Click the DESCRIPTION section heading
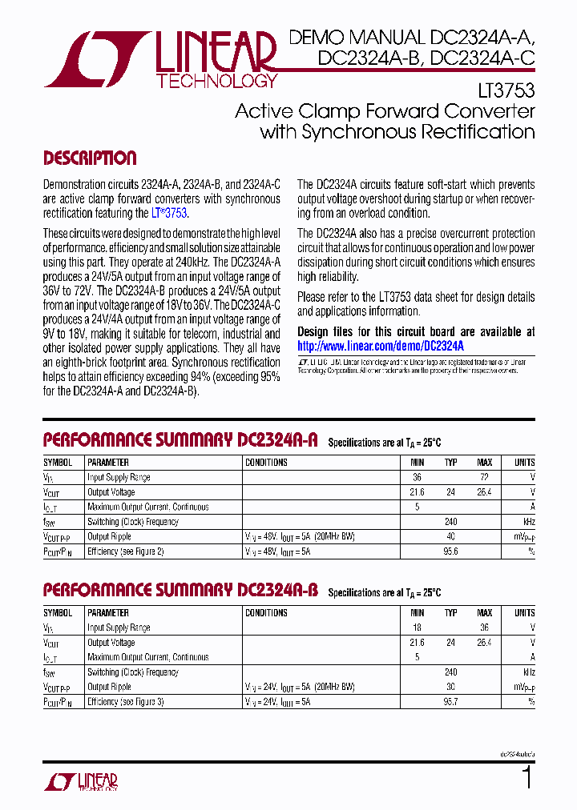point(89,158)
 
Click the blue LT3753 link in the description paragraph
point(169,214)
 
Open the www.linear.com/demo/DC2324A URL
point(381,347)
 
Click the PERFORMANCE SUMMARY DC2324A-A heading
point(180,440)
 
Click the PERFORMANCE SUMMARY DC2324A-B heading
point(180,591)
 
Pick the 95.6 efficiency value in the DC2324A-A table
point(451,551)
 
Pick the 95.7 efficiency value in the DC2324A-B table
point(451,702)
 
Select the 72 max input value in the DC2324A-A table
point(484,478)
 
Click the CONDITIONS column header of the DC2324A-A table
point(266,463)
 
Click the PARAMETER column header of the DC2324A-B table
point(108,613)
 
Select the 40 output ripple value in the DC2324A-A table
point(451,536)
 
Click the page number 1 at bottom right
point(527,778)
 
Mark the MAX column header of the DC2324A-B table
point(484,613)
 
